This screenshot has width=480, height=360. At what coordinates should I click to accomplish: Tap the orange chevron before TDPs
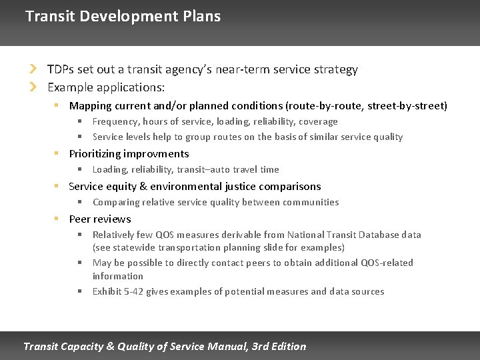point(33,69)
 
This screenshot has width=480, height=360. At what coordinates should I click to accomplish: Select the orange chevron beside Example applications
point(33,87)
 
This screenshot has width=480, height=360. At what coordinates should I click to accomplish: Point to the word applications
point(132,87)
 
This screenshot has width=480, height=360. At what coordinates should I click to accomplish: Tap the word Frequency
point(115,121)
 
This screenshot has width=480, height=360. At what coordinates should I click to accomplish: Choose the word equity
point(124,186)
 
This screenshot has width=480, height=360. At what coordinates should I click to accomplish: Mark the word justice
point(249,186)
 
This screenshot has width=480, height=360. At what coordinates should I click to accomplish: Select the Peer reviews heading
point(100,219)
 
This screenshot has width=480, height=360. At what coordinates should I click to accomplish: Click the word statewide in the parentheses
point(133,247)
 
